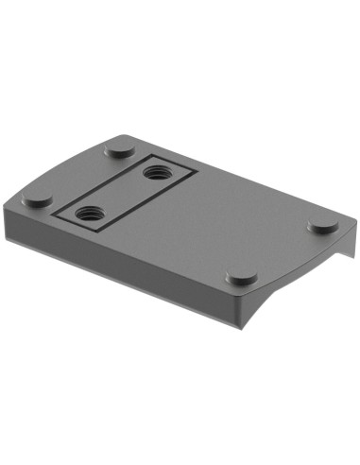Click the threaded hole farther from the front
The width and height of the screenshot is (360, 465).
(x=155, y=174)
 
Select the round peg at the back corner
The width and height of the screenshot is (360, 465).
(x=119, y=149)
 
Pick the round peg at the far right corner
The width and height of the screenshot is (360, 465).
(x=323, y=228)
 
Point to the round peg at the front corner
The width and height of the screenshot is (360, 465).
(x=242, y=278)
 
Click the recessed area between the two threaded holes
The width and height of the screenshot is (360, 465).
(x=121, y=193)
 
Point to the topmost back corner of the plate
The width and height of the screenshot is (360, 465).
(x=119, y=132)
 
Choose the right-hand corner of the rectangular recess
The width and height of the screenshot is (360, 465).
(x=195, y=171)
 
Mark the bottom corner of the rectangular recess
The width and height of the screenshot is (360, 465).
(x=87, y=232)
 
